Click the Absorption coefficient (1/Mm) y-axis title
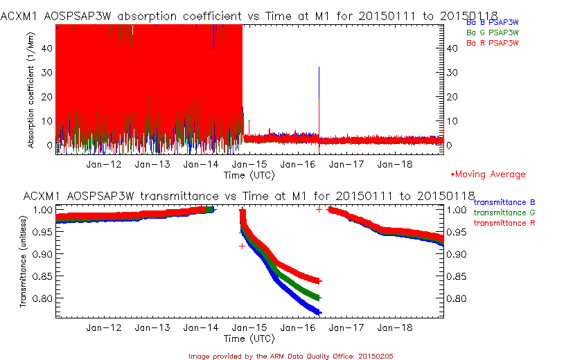point(31,93)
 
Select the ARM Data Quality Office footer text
point(291,356)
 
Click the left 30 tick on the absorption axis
point(48,72)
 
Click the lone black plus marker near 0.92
point(242,246)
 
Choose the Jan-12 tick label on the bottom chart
point(103,328)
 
